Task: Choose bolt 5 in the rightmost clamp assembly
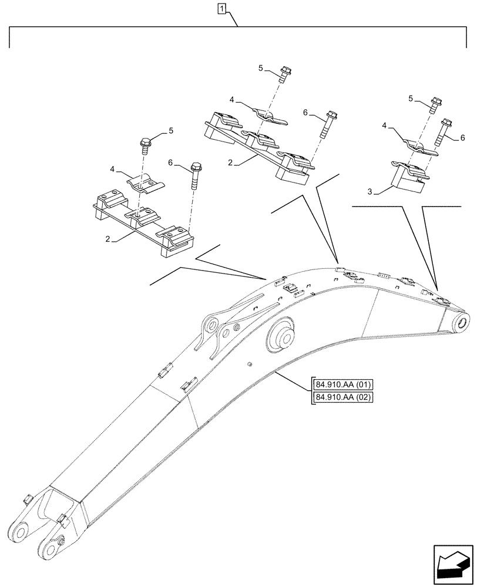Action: tap(436, 104)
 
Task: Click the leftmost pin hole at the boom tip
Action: tap(22, 533)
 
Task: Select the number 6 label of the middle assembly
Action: tap(305, 112)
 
